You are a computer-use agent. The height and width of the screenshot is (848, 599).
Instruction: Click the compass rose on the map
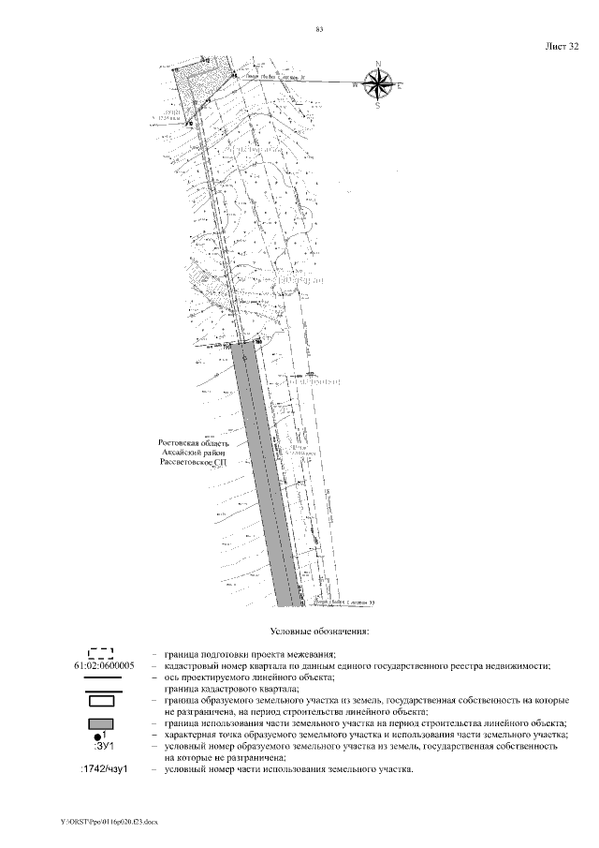378,85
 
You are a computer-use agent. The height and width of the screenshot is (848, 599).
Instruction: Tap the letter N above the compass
378,64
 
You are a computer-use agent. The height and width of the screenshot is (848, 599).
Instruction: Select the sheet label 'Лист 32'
561,45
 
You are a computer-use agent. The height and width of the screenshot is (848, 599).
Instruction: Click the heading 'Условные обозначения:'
318,632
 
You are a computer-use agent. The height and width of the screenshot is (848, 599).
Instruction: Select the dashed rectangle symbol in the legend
100,653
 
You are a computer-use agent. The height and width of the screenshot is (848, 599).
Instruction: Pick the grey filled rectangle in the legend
100,723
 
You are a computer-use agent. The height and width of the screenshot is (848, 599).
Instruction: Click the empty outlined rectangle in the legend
100,700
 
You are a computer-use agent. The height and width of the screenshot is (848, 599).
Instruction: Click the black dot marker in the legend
97,736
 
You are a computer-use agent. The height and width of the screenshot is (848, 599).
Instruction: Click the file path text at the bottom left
110,821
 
